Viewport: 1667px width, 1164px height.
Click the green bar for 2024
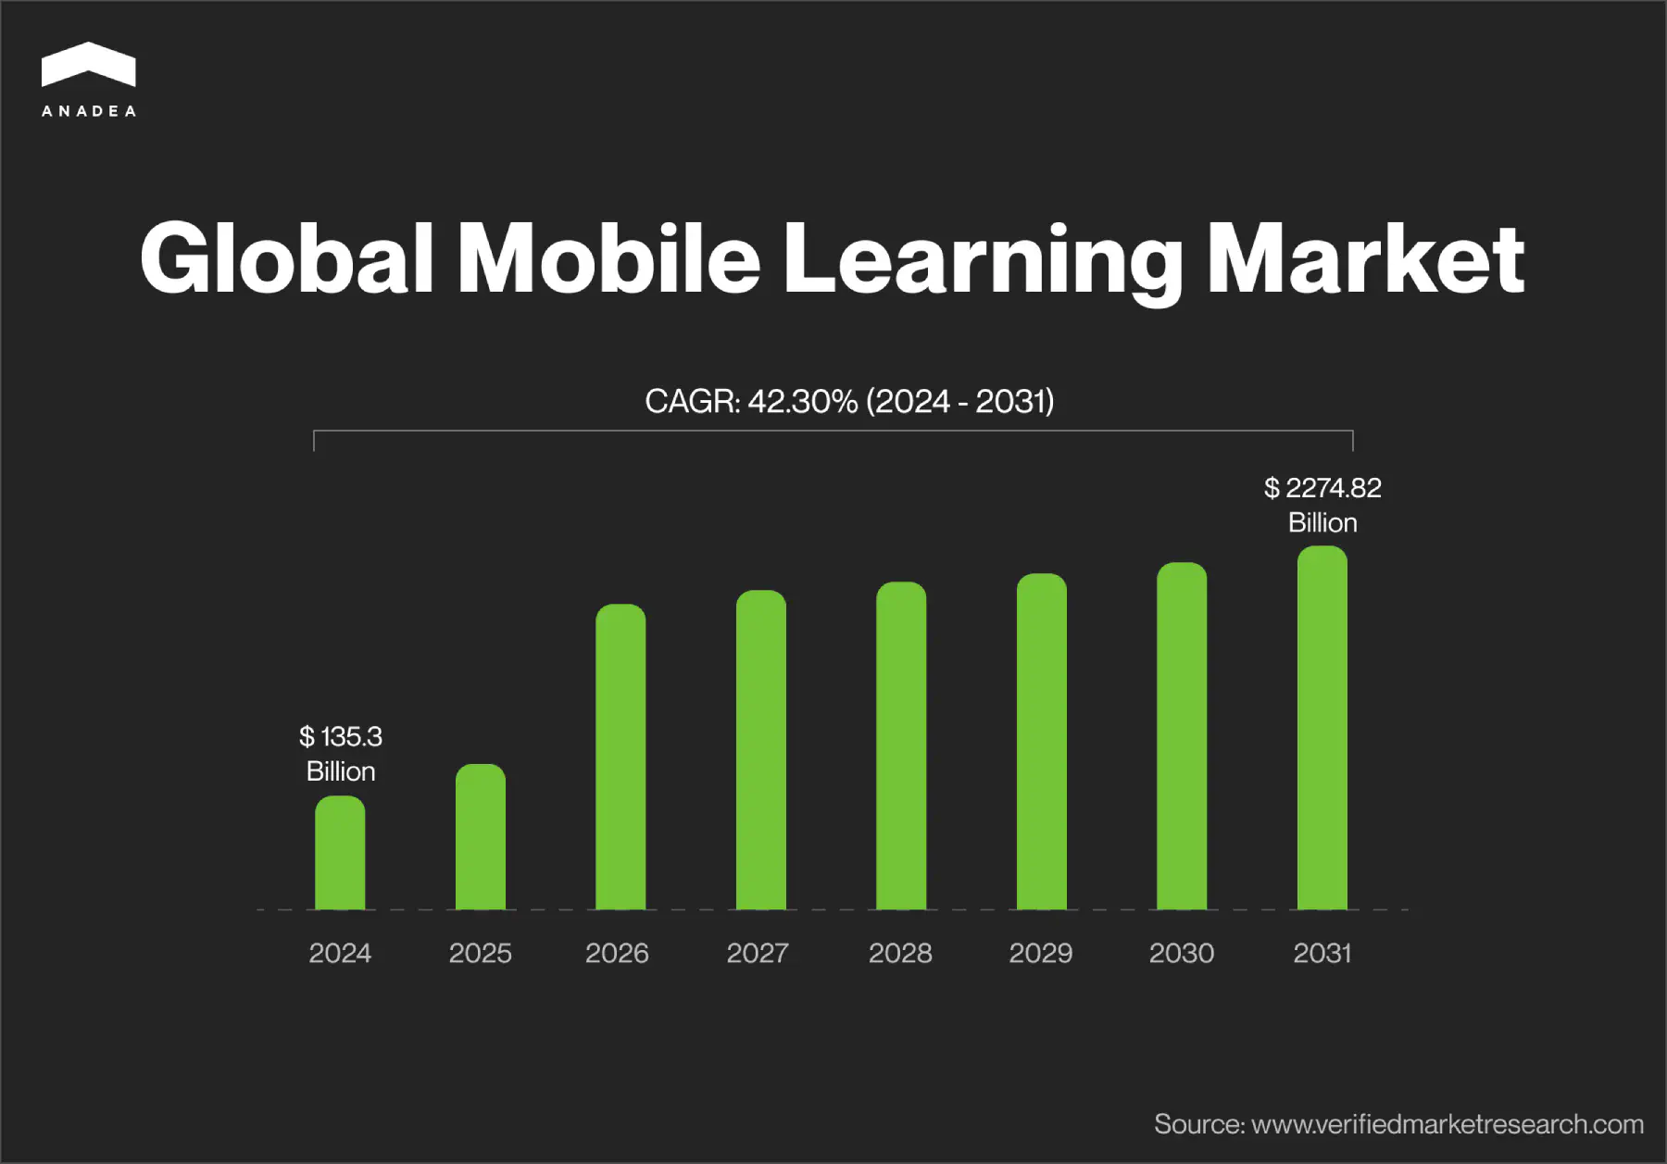pyautogui.click(x=340, y=853)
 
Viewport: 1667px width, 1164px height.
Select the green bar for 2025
pyautogui.click(x=480, y=837)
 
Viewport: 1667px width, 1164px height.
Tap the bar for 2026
pyautogui.click(x=620, y=757)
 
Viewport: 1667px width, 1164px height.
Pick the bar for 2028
pyautogui.click(x=901, y=745)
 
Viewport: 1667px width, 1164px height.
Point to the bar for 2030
pyautogui.click(x=1182, y=736)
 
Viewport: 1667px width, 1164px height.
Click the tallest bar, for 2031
pyautogui.click(x=1322, y=728)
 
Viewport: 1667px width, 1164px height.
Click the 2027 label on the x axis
pyautogui.click(x=758, y=953)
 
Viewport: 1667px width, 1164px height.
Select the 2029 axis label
pyautogui.click(x=1040, y=953)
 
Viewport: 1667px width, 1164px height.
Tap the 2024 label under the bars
pyautogui.click(x=340, y=953)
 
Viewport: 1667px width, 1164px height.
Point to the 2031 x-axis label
pyautogui.click(x=1322, y=953)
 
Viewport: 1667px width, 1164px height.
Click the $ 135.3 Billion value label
pyautogui.click(x=341, y=754)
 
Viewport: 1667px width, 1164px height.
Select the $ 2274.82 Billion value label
pyautogui.click(x=1322, y=505)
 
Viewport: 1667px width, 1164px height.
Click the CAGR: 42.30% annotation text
pyautogui.click(x=849, y=402)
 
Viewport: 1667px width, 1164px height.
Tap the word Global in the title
pyautogui.click(x=287, y=259)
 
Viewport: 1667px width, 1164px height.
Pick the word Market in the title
pyautogui.click(x=1365, y=259)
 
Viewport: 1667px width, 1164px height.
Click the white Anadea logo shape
pyautogui.click(x=89, y=65)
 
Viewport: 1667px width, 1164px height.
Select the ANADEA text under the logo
pyautogui.click(x=89, y=111)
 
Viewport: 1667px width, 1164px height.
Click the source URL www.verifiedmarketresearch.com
pyautogui.click(x=1447, y=1124)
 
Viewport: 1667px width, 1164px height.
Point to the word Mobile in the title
pyautogui.click(x=608, y=259)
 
